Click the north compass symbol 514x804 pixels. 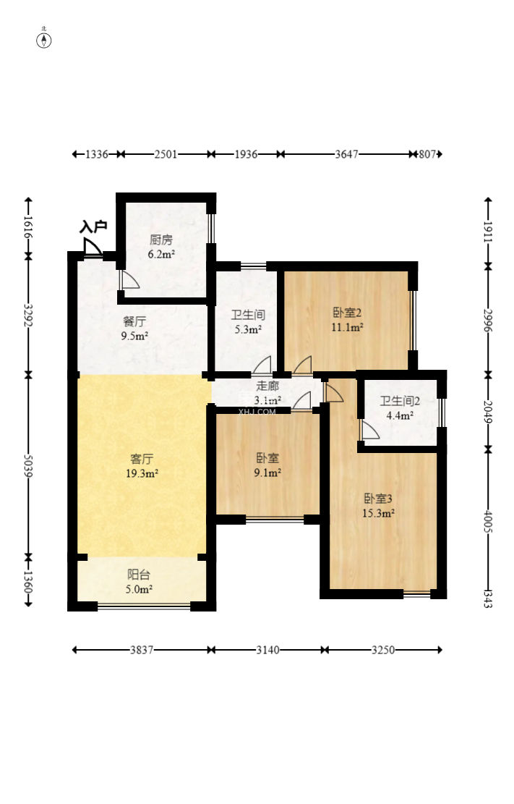(x=44, y=40)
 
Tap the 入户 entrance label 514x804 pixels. (x=93, y=226)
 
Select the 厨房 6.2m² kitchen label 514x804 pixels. (x=161, y=247)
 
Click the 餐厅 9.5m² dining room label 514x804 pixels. (x=134, y=329)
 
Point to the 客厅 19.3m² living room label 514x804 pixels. (x=142, y=465)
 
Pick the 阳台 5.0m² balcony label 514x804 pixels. (x=139, y=582)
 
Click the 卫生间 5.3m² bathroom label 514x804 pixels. (x=248, y=322)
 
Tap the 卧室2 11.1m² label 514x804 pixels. (x=348, y=320)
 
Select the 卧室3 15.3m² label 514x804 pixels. (x=378, y=506)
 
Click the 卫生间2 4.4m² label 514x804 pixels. (x=400, y=408)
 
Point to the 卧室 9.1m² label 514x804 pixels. (x=267, y=465)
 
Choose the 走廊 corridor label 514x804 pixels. (x=267, y=386)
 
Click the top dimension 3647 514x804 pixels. (x=347, y=154)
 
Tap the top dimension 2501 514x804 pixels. (x=166, y=154)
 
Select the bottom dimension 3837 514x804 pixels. (x=142, y=650)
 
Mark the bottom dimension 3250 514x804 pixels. (x=383, y=650)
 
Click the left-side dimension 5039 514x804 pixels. (x=28, y=465)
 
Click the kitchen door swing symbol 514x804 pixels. (x=130, y=280)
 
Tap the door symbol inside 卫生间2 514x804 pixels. (x=370, y=431)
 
